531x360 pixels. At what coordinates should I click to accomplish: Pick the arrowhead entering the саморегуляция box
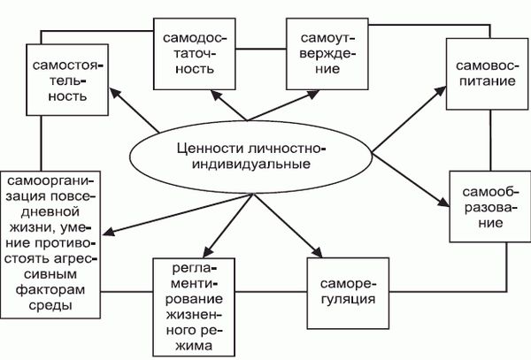click(x=320, y=254)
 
